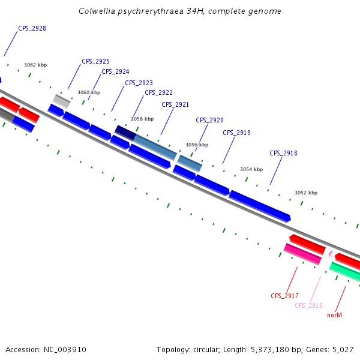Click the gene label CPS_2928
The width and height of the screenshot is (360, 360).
pos(32,29)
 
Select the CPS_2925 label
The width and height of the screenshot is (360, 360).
pos(95,62)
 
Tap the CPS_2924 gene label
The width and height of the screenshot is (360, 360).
pos(115,72)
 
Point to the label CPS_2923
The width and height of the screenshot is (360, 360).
pos(139,83)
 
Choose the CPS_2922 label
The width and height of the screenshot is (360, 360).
pos(158,93)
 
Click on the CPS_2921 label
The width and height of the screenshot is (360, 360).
pos(175,105)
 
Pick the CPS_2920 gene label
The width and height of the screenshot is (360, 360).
pos(209,121)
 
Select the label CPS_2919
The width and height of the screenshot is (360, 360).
pos(236,133)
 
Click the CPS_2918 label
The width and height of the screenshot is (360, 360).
pos(283,154)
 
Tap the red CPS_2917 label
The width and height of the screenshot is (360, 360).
pos(284,296)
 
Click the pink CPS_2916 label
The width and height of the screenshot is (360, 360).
pos(309,306)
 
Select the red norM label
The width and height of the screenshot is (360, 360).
pos(334,315)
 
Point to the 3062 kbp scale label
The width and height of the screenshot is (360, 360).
pos(35,65)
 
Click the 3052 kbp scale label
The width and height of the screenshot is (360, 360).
pos(306,193)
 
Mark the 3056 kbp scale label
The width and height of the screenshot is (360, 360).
pos(197,145)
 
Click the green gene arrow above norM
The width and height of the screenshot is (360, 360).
pos(344,272)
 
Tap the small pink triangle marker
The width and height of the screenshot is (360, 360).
pos(330,254)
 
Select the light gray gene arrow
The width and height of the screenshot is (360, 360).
pos(62,101)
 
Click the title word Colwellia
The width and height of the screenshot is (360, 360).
pos(97,11)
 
